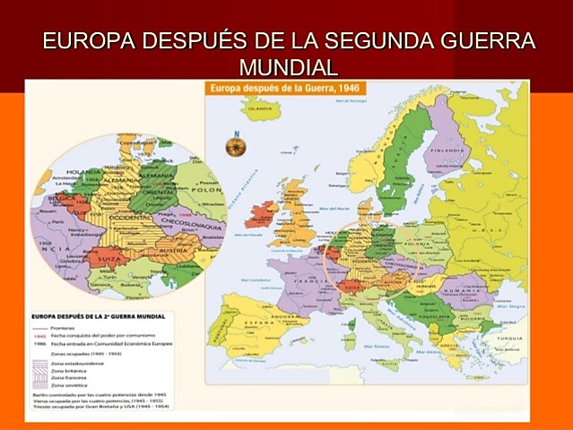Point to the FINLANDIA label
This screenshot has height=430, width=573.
pos(445,150)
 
